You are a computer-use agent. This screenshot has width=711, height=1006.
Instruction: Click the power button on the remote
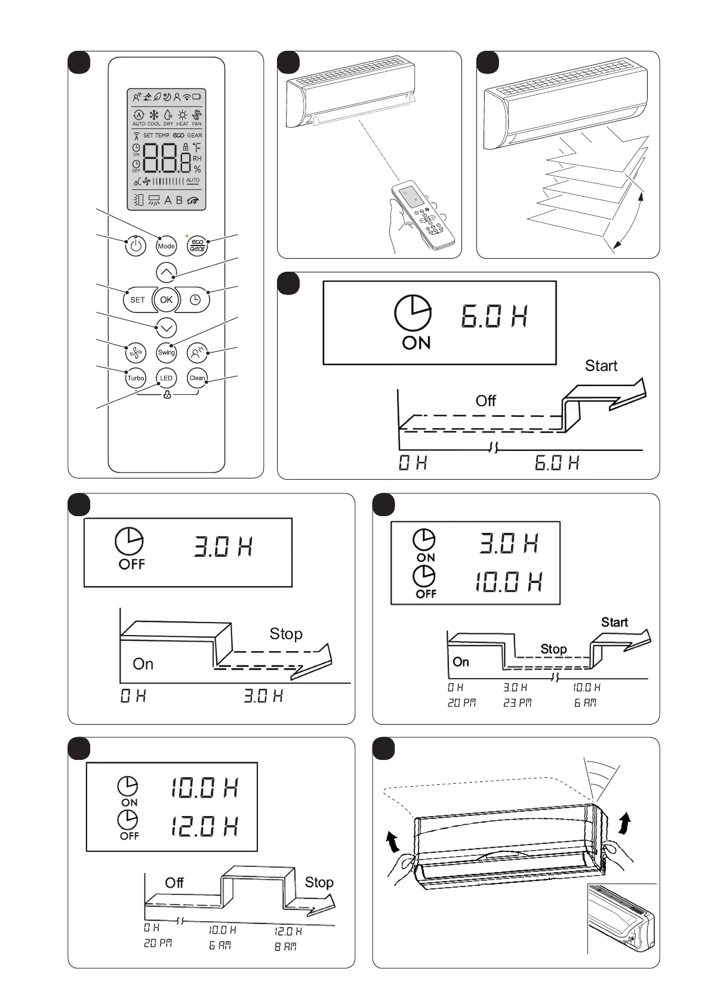pos(136,246)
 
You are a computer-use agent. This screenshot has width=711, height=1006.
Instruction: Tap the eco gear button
pos(197,246)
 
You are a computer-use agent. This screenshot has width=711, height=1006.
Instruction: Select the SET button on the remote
pos(137,300)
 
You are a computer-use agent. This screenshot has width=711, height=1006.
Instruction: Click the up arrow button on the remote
pos(167,272)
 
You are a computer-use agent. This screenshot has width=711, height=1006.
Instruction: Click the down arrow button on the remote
pos(167,328)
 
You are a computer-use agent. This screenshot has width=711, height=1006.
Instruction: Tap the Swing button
pos(167,352)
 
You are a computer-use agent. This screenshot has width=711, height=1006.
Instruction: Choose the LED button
pos(167,378)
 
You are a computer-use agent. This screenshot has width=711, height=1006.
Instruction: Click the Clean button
pos(197,378)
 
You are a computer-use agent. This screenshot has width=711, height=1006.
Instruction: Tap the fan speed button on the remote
pos(136,353)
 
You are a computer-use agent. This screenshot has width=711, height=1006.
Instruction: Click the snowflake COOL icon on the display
pos(153,115)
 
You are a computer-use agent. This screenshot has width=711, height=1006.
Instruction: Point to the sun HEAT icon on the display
pos(182,115)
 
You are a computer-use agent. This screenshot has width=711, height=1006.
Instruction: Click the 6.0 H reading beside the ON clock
pos(494,316)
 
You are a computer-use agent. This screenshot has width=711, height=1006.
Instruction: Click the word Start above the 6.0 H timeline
pos(601,366)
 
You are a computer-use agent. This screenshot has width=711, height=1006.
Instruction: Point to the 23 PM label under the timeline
pos(517,703)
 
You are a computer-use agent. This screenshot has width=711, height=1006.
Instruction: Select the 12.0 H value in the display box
pos(204,827)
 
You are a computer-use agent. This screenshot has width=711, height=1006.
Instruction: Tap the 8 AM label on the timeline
pos(285,946)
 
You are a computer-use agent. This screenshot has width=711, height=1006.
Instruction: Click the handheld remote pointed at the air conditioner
pos(424,215)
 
